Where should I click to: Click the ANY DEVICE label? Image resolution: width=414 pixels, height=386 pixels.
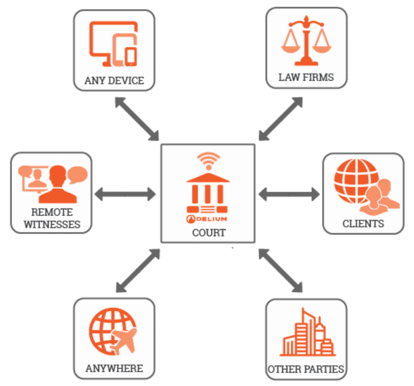pyautogui.click(x=114, y=80)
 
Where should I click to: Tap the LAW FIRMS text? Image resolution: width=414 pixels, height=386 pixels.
pyautogui.click(x=306, y=77)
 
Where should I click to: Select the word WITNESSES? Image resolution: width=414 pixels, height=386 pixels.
pyautogui.click(x=52, y=224)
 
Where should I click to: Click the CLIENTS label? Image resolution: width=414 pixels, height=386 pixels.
pyautogui.click(x=363, y=224)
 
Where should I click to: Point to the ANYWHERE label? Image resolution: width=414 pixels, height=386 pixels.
pyautogui.click(x=114, y=368)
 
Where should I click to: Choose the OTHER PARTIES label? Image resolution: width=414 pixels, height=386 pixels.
pyautogui.click(x=306, y=369)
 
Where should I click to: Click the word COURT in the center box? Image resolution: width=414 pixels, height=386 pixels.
pyautogui.click(x=209, y=233)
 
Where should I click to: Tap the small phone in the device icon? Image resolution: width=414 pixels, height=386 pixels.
pyautogui.click(x=131, y=57)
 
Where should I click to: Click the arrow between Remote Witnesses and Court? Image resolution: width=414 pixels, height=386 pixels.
pyautogui.click(x=125, y=194)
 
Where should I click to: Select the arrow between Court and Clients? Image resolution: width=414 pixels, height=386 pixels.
pyautogui.click(x=289, y=194)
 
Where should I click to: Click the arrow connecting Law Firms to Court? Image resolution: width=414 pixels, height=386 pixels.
pyautogui.click(x=281, y=119)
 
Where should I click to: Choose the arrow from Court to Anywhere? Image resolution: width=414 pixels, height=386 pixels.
pyautogui.click(x=138, y=271)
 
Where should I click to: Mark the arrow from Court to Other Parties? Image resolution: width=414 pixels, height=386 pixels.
pyautogui.click(x=281, y=271)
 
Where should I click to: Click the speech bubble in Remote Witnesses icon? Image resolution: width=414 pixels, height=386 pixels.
pyautogui.click(x=77, y=174)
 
